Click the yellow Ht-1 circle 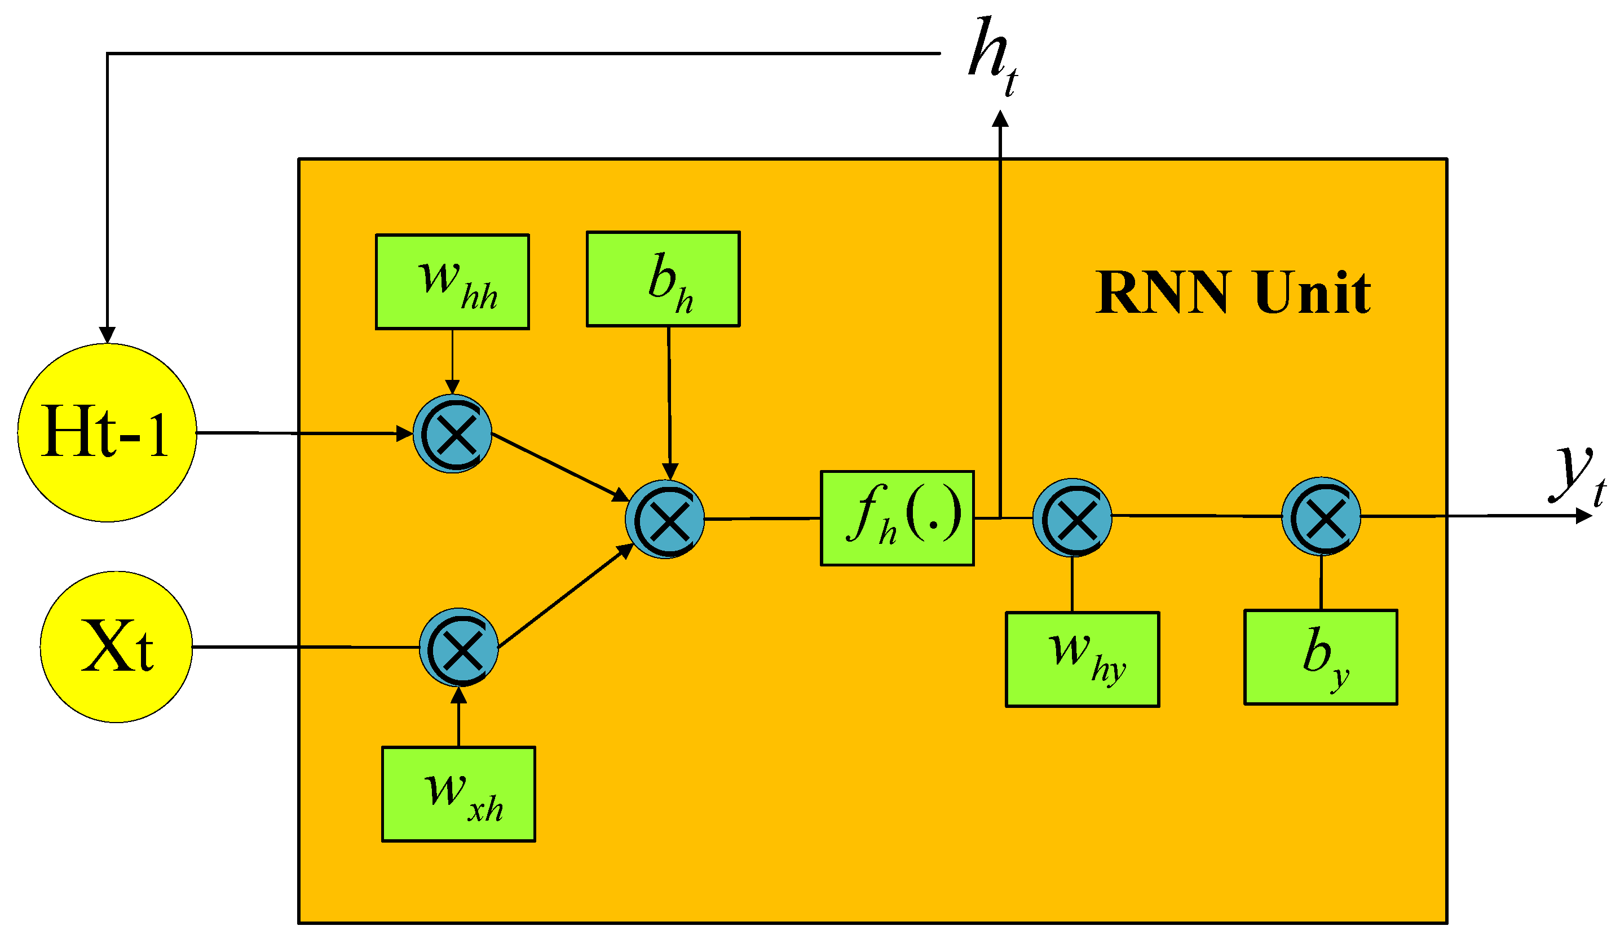click(107, 432)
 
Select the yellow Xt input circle click(116, 646)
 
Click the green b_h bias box click(663, 280)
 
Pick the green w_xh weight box click(458, 794)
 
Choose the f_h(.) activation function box click(897, 518)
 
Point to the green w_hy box click(1082, 659)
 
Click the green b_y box click(1320, 657)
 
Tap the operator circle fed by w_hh click(452, 434)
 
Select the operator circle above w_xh click(458, 647)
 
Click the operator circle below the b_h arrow click(665, 519)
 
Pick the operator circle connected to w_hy click(1072, 517)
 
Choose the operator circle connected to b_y click(1321, 516)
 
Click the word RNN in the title click(1162, 293)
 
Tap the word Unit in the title click(1312, 293)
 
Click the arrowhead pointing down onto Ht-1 click(107, 335)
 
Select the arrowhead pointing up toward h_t click(1000, 119)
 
